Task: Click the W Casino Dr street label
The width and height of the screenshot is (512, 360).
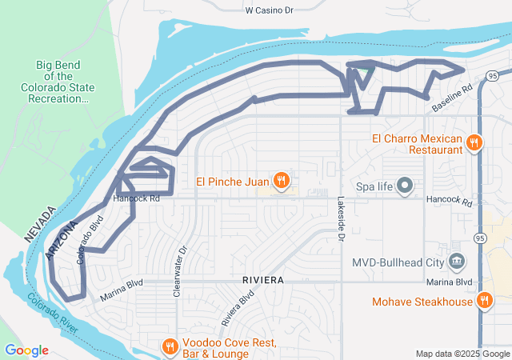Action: click(270, 10)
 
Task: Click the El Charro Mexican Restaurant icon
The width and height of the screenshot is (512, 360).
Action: click(474, 143)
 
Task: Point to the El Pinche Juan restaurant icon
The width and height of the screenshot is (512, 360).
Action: click(281, 182)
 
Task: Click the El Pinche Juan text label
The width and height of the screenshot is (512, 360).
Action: click(232, 182)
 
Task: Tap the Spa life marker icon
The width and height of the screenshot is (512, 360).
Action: click(405, 186)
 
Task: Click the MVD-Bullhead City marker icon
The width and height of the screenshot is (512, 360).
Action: click(457, 262)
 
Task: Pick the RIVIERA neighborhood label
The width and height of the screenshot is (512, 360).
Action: click(260, 281)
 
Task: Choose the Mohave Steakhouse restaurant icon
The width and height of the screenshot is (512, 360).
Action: click(484, 302)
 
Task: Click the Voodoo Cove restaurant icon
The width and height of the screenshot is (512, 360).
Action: click(170, 347)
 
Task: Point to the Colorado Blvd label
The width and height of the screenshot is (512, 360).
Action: click(90, 238)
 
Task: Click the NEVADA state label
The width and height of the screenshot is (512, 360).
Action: click(39, 225)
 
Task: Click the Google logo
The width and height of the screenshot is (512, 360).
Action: click(26, 350)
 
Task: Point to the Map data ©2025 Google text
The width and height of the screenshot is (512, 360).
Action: click(462, 354)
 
